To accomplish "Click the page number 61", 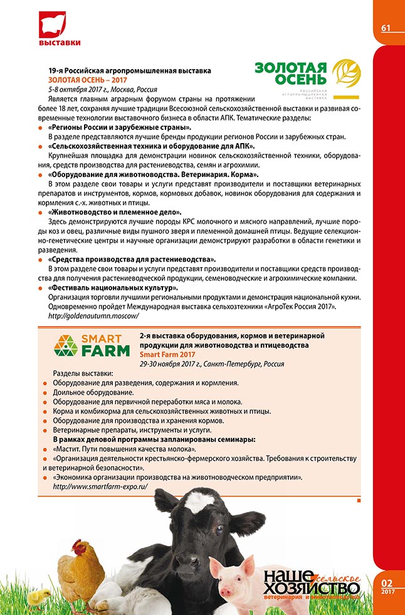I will click(x=386, y=28).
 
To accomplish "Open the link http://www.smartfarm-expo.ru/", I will click(x=95, y=486).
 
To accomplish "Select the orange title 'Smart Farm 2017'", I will click(x=168, y=355).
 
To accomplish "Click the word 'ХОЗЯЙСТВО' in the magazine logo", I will click(x=312, y=588).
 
